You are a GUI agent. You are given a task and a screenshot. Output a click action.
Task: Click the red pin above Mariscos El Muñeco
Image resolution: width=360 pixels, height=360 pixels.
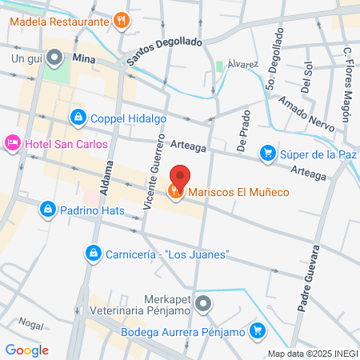(x=181, y=177)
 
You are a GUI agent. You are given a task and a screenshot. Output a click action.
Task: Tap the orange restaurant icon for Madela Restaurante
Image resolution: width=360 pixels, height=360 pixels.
(x=121, y=19)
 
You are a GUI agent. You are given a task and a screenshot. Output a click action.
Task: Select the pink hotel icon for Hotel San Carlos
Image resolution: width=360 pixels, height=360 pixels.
(x=13, y=143)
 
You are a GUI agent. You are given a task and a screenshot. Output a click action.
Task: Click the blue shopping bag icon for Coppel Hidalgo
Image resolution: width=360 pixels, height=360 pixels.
(x=78, y=118)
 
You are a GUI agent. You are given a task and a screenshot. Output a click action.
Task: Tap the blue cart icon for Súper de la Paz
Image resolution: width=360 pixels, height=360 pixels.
(x=266, y=152)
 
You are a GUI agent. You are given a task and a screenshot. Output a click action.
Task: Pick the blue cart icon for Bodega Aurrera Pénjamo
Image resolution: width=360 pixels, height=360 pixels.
(x=257, y=330)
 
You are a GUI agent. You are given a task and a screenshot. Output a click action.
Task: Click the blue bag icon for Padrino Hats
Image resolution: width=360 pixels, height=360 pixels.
(x=47, y=210)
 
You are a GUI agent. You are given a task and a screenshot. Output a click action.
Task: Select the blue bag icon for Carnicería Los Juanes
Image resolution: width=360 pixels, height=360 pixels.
(x=92, y=254)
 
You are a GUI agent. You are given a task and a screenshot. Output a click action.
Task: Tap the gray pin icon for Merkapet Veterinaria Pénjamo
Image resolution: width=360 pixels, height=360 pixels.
(x=204, y=304)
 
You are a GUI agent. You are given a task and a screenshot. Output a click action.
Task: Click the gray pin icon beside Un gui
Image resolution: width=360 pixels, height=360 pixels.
(x=54, y=58)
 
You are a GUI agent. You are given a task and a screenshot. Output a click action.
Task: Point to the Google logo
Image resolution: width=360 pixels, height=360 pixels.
(x=26, y=350)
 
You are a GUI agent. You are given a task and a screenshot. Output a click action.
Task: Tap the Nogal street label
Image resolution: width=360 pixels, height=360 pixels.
(x=30, y=324)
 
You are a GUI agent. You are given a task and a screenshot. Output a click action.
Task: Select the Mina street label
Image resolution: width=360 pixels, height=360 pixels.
(x=84, y=58)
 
